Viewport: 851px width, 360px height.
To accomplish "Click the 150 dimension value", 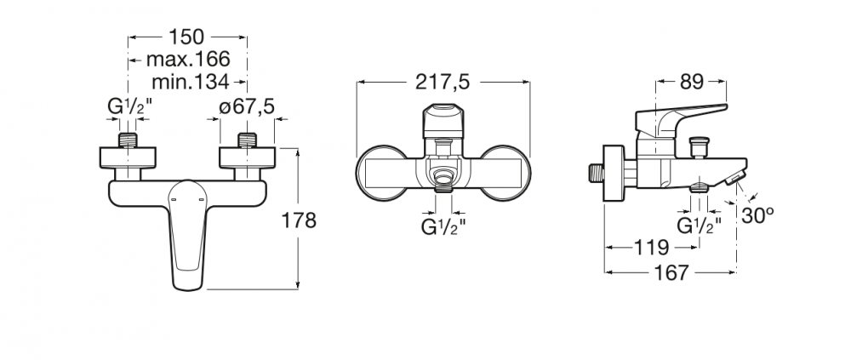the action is click(186, 37).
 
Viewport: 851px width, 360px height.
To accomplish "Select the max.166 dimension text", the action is click(188, 59).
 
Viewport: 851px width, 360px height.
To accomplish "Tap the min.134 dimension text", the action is click(190, 82).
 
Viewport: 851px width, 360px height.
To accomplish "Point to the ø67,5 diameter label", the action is click(247, 107).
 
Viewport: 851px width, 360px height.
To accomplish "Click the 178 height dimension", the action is click(299, 220).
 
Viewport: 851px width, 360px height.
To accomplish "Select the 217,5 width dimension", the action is click(443, 82).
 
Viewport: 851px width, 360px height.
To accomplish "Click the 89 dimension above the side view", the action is click(691, 82).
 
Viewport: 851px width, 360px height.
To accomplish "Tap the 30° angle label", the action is click(758, 215).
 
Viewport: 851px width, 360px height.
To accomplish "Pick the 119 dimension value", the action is click(652, 248).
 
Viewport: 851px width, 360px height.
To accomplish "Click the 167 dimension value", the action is click(671, 272).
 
